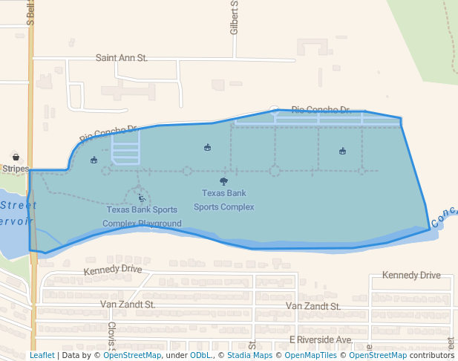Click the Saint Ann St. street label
coord(122,57)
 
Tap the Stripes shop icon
coord(15,157)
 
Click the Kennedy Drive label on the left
coord(112,269)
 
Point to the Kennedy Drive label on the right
coord(411,276)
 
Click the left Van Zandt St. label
coord(128,305)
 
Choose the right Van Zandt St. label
coord(313,306)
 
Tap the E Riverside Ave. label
coord(321,339)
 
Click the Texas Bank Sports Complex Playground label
coord(141,216)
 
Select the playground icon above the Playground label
coord(141,198)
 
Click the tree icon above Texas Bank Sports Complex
coord(223,181)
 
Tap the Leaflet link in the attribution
coord(42,355)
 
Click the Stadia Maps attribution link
coord(249,355)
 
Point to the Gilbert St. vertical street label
coord(234,18)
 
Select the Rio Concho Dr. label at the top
coord(320,109)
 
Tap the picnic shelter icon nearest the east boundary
coord(342,152)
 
